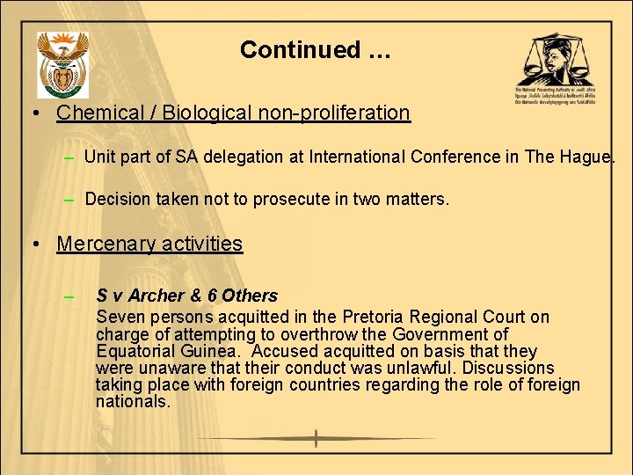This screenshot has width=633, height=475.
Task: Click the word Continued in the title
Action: point(300,50)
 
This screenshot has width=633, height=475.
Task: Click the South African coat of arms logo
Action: point(62,65)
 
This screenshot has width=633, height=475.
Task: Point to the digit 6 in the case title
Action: point(212,296)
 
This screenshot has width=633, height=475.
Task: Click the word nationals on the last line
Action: point(133,401)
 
